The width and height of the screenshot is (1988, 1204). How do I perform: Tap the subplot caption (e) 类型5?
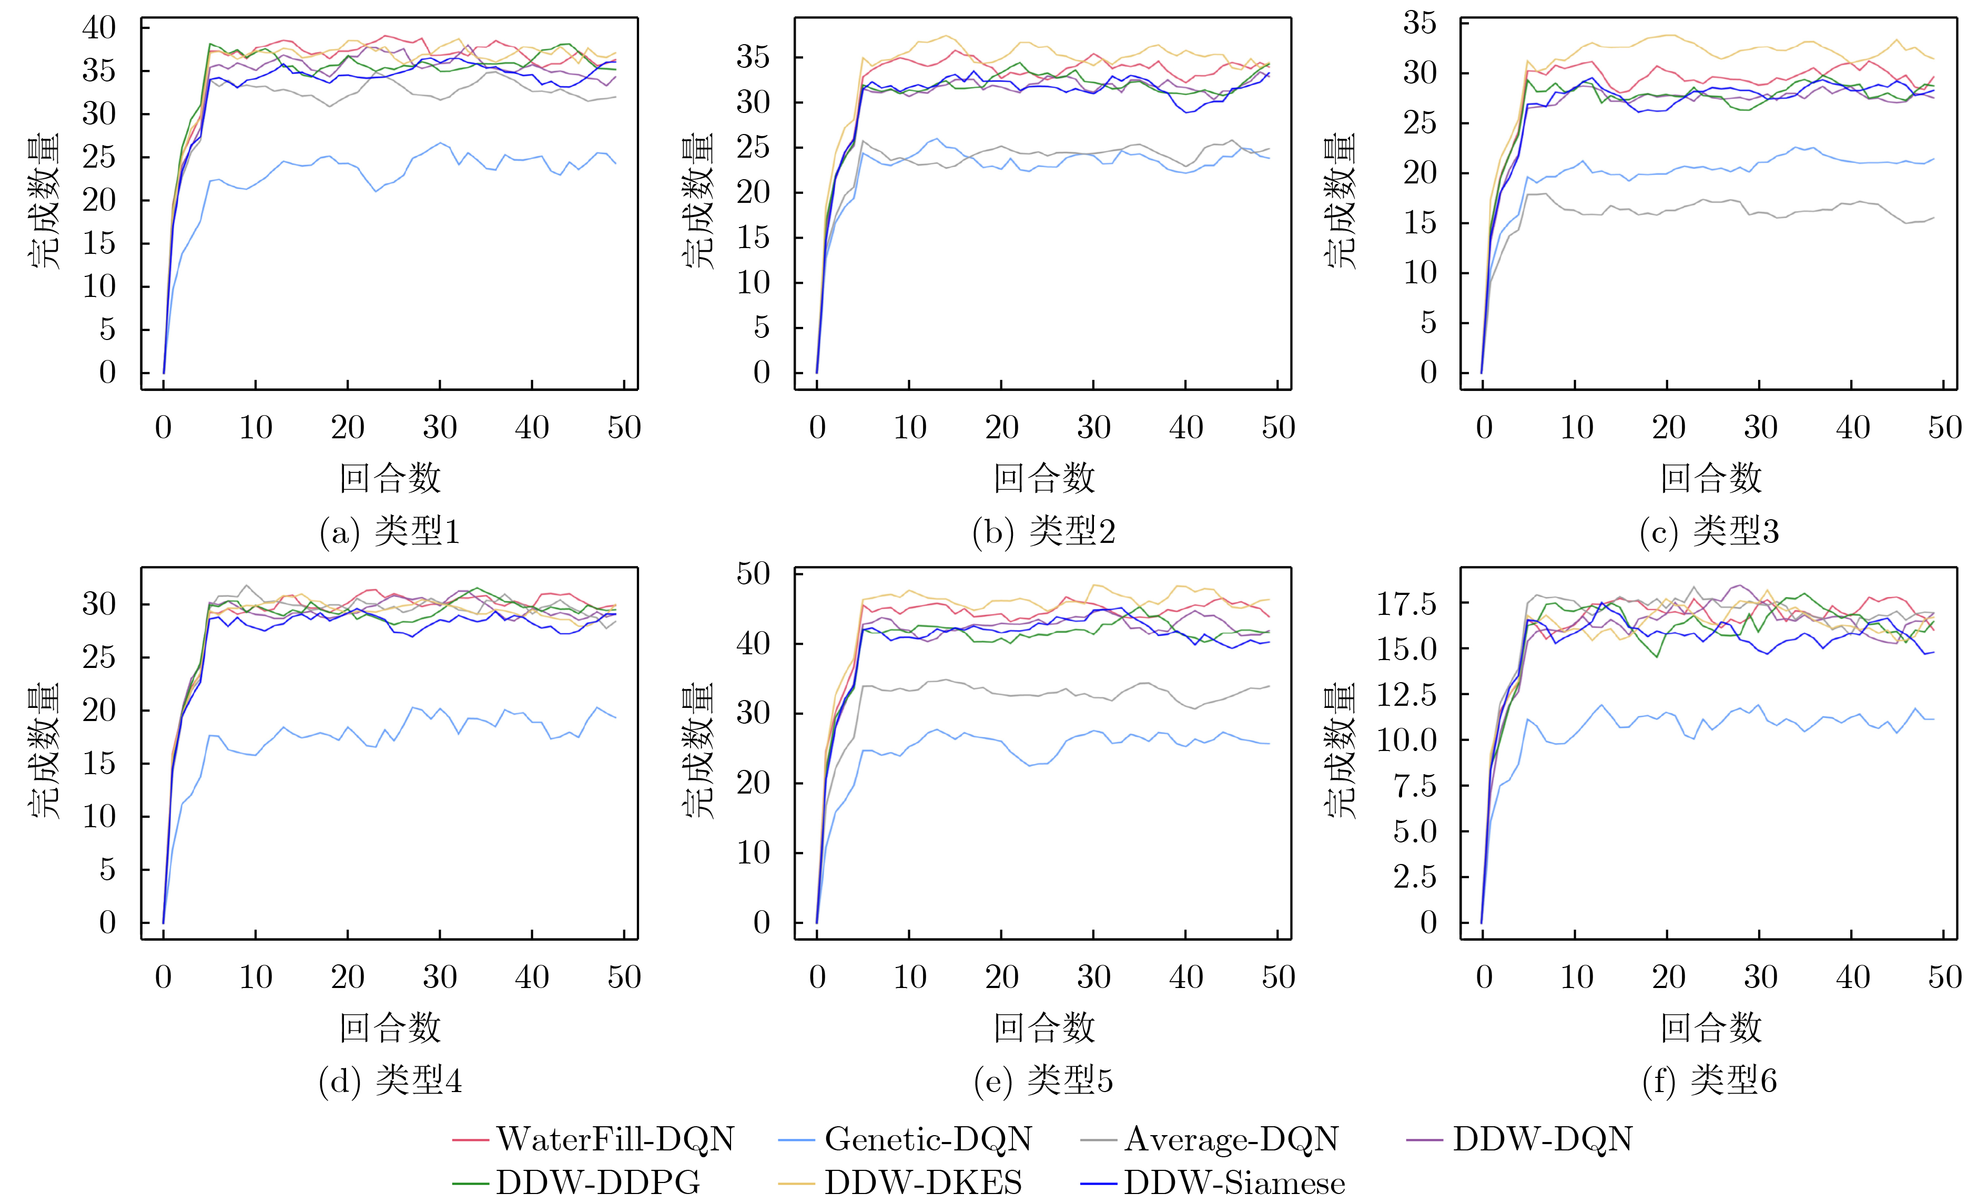1043,1080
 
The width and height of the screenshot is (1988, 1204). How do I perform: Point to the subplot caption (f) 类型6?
1710,1080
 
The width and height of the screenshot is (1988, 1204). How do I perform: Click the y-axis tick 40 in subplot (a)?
99,28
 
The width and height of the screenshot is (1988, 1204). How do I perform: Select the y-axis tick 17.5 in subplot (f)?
1406,603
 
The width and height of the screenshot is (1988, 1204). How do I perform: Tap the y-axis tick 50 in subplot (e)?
754,574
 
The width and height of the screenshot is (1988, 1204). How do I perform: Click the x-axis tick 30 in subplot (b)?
1093,427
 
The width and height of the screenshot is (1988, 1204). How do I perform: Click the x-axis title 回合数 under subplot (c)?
1710,478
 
